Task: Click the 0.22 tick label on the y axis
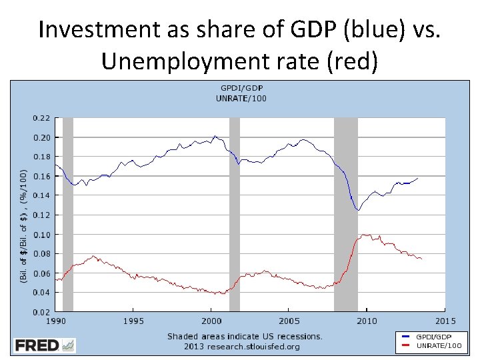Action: pyautogui.click(x=41, y=118)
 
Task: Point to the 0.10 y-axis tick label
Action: pyautogui.click(x=41, y=235)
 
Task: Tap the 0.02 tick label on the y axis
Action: pyautogui.click(x=41, y=312)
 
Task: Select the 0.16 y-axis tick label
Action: pyautogui.click(x=41, y=176)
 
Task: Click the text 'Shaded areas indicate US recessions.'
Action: pyautogui.click(x=245, y=337)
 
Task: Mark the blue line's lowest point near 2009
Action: pyautogui.click(x=358, y=210)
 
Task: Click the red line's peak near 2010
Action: pyautogui.click(x=364, y=235)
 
